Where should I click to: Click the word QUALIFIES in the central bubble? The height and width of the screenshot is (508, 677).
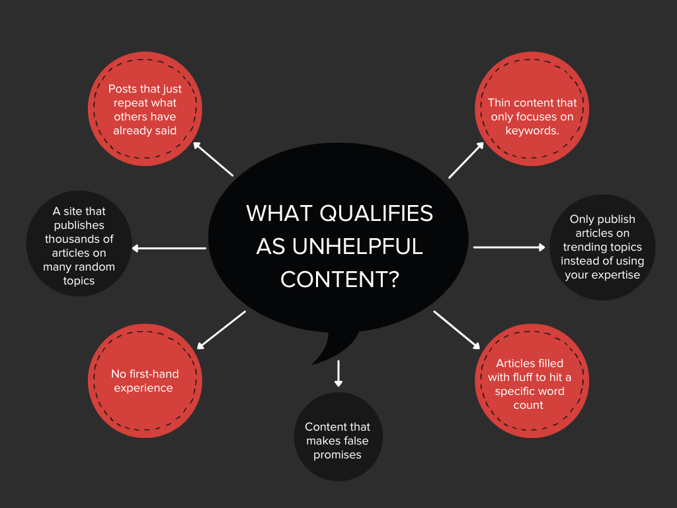376,214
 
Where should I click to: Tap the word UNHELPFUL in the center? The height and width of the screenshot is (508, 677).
357,247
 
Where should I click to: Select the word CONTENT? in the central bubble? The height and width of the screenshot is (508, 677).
340,280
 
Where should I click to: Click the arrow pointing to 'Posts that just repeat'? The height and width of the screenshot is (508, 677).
214,159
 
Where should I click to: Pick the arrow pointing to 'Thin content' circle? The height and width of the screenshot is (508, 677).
466,160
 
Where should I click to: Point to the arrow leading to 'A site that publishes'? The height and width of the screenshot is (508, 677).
169,248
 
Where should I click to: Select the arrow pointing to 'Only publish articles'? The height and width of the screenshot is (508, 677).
510,247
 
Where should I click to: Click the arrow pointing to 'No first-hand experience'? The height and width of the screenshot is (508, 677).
221,330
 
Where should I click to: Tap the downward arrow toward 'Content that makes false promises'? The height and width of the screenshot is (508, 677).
338,374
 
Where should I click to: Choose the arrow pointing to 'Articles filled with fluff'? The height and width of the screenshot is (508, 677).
457,330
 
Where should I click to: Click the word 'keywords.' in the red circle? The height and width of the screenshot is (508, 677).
532,130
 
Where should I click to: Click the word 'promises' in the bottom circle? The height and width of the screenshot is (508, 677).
337,455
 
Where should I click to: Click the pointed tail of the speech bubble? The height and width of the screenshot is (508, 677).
312,364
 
